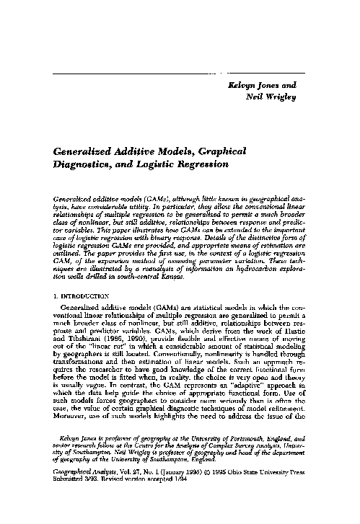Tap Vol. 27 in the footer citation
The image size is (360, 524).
tap(132, 507)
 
